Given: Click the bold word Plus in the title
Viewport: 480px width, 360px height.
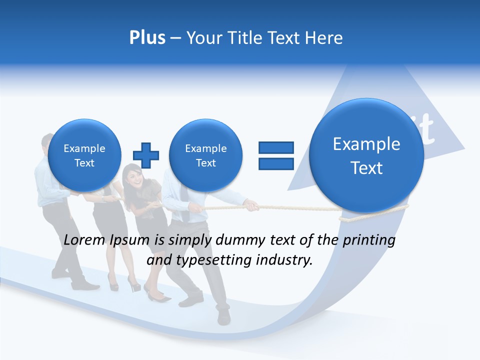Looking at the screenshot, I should point(147,38).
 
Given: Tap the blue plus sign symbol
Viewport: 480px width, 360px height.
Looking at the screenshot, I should point(146,155).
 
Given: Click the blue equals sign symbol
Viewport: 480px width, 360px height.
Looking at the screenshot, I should point(276,155).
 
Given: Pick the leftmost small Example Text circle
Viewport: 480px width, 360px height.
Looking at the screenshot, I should point(84,155).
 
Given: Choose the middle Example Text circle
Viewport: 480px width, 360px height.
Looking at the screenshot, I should point(205,155).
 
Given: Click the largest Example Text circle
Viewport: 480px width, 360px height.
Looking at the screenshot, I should point(366,155).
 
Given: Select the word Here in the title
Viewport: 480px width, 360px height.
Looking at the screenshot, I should point(325,38).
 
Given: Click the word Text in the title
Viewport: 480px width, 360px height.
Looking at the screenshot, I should point(284,38).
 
